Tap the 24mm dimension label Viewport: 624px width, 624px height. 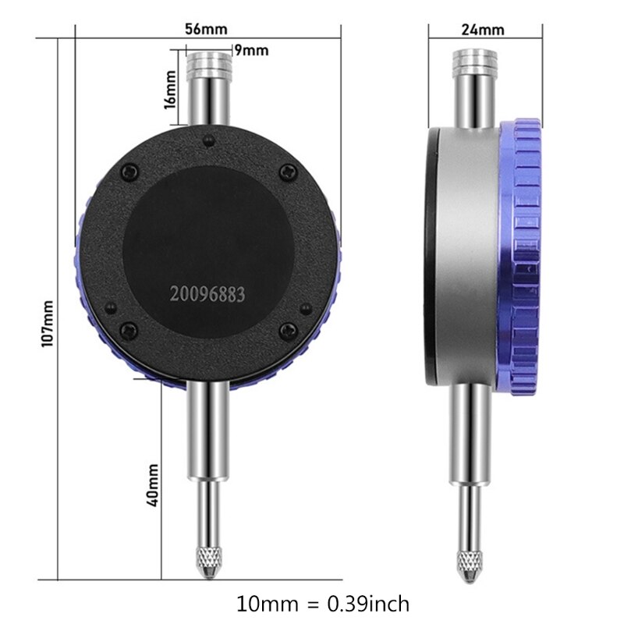484,30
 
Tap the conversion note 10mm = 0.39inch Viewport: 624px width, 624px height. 322,603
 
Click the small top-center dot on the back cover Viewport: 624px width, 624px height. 207,142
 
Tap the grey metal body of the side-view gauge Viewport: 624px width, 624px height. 468,257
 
